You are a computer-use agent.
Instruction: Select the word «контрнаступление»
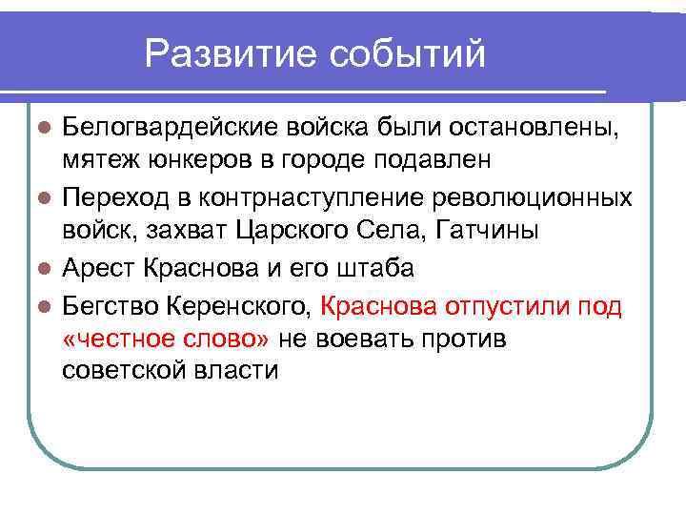(x=301, y=197)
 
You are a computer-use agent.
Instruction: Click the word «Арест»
(x=98, y=268)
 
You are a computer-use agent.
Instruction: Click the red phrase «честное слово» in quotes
(x=168, y=340)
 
